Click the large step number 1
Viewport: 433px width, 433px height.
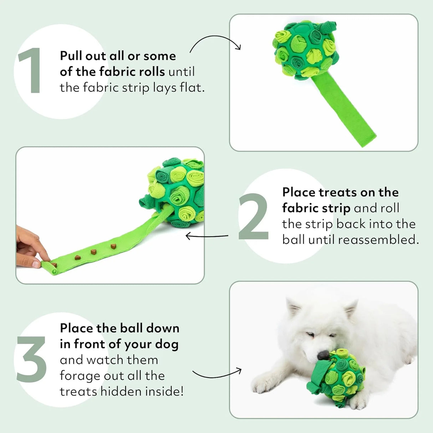(31, 71)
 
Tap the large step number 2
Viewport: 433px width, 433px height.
(254, 216)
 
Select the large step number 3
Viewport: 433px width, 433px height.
(31, 359)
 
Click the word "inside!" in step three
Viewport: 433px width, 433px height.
(166, 392)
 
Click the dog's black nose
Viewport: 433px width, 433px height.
(323, 355)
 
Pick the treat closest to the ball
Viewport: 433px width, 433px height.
(113, 246)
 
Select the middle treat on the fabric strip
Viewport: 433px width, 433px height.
(93, 252)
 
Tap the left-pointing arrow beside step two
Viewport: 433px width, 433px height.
(207, 236)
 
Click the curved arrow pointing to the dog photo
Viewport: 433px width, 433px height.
(217, 375)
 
